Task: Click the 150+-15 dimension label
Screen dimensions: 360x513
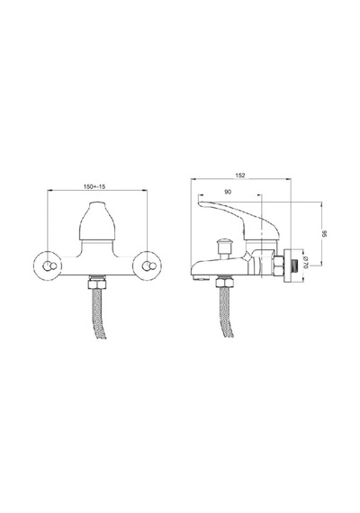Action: click(x=94, y=187)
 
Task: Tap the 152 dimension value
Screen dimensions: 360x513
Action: click(x=240, y=175)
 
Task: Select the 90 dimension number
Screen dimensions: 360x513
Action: click(x=228, y=192)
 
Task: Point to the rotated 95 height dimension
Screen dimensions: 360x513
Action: click(x=324, y=234)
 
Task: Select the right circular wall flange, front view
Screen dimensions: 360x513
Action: click(x=147, y=266)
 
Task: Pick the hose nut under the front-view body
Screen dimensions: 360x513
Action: click(x=97, y=283)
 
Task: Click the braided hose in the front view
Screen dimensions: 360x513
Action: click(x=98, y=314)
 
